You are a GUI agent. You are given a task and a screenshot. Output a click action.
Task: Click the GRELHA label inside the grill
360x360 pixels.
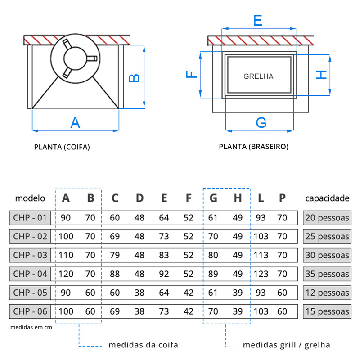258,76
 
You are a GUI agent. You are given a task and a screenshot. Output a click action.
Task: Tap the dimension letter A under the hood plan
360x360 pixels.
75,122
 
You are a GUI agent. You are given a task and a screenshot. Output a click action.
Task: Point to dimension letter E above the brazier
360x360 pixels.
257,21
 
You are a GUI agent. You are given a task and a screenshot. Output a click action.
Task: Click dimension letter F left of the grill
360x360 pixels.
192,74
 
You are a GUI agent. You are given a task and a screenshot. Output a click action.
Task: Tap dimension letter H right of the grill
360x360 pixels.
321,74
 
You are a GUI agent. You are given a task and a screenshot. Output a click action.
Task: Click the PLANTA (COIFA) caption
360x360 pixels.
62,147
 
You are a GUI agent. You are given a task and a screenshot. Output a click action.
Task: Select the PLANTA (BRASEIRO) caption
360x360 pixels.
254,147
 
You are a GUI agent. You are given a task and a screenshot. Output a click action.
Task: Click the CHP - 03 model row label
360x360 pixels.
30,255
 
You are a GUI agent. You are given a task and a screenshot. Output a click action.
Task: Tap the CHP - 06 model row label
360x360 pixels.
30,311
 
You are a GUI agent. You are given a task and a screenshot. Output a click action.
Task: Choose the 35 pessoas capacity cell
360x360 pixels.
327,274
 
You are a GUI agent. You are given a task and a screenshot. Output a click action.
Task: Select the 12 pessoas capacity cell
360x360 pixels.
327,292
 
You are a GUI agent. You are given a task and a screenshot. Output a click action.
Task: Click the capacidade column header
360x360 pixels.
327,198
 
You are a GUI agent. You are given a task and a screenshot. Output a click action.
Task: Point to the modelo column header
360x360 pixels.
30,198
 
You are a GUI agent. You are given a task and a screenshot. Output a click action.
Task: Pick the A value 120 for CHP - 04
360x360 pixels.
66,274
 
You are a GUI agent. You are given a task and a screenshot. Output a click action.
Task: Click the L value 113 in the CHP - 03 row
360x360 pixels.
261,255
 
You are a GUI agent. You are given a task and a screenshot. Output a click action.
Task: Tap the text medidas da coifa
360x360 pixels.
143,345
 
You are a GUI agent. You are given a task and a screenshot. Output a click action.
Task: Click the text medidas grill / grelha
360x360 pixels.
286,345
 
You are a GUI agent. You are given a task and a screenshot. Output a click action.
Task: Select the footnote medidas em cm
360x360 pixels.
31,327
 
